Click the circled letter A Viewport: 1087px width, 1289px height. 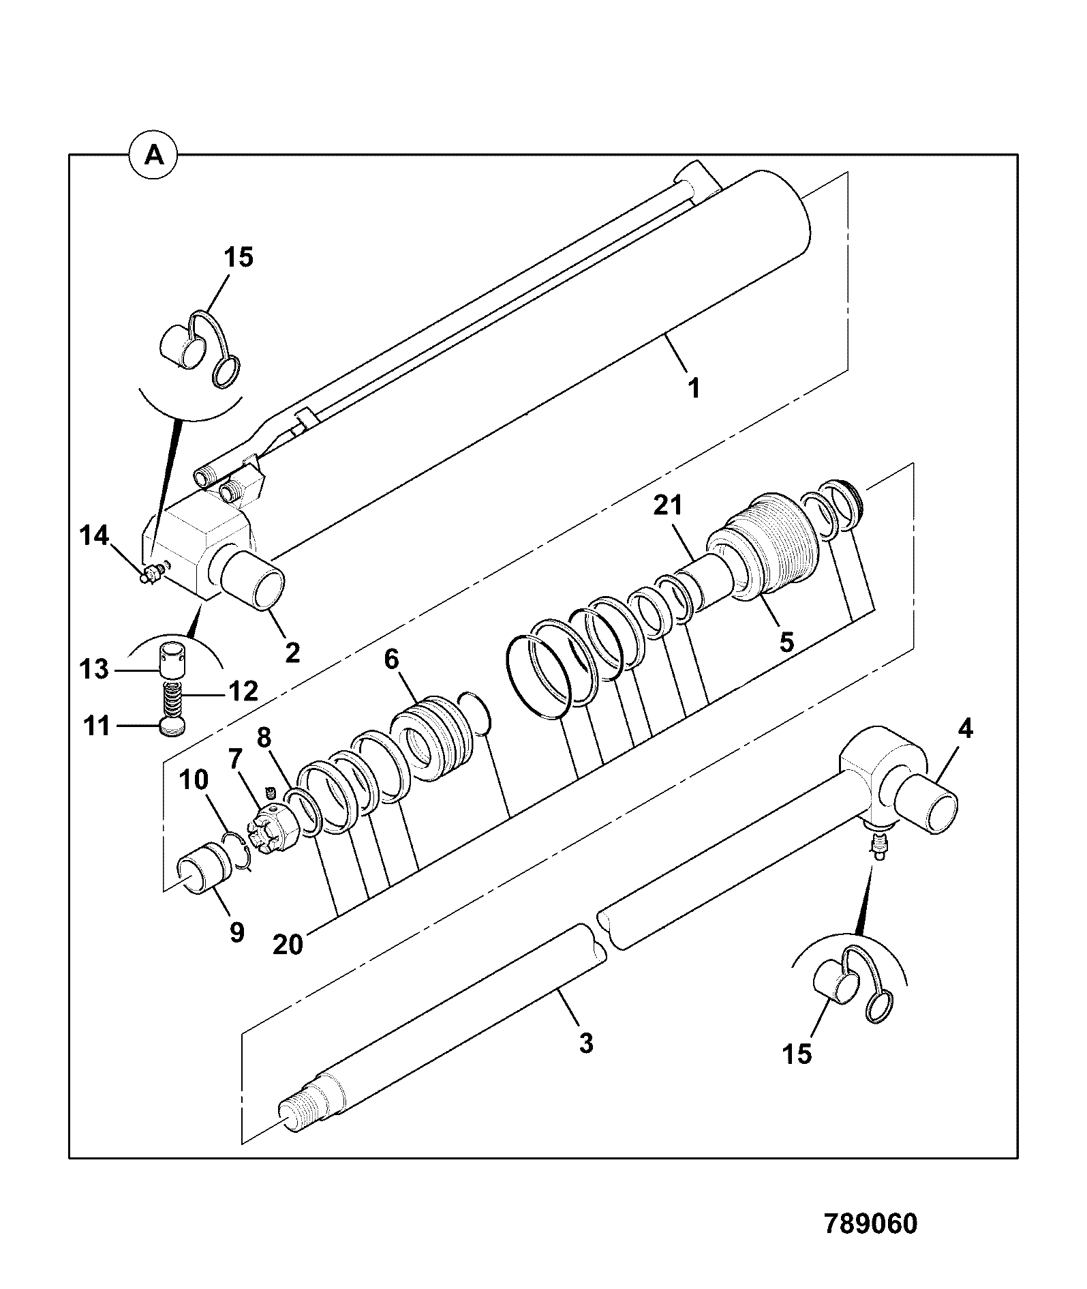pyautogui.click(x=155, y=156)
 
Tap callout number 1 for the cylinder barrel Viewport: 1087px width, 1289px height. pyautogui.click(x=693, y=389)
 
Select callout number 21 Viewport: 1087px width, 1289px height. pyautogui.click(x=668, y=506)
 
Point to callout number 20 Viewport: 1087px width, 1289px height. pyautogui.click(x=287, y=945)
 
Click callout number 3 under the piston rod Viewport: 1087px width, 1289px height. pyautogui.click(x=586, y=1043)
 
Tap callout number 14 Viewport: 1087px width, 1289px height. pyautogui.click(x=94, y=536)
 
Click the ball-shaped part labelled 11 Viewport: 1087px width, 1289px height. pyautogui.click(x=172, y=726)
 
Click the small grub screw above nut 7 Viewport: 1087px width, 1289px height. pyautogui.click(x=270, y=792)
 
